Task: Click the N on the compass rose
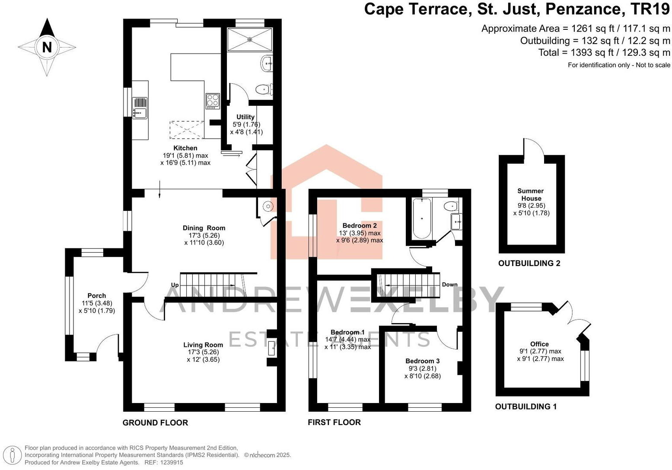point(47,47)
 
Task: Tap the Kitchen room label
point(185,148)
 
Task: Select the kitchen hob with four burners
point(213,101)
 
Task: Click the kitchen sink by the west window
point(140,113)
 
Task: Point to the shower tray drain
point(249,39)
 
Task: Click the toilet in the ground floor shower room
point(263,89)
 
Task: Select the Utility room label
point(245,117)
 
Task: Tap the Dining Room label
point(204,228)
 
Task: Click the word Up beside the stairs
point(175,285)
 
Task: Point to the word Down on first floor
point(449,284)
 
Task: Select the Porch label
point(97,296)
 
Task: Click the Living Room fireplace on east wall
point(271,348)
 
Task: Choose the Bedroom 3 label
point(422,361)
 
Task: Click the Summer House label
point(531,195)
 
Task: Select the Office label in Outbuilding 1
point(539,344)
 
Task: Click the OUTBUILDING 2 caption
point(529,264)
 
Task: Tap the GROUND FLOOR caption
point(155,423)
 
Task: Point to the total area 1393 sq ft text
point(604,53)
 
